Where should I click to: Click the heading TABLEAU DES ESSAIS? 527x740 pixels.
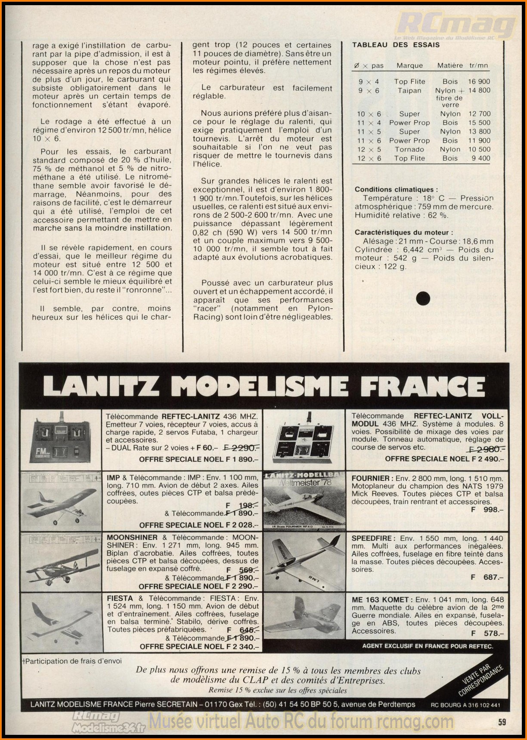click(396, 45)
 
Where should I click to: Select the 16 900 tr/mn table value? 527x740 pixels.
click(479, 81)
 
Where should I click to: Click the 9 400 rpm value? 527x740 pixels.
click(480, 158)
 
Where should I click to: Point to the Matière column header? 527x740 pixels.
click(450, 65)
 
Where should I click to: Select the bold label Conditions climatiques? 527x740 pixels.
click(396, 189)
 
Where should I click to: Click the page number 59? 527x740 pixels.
click(502, 722)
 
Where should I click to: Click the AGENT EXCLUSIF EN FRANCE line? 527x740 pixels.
click(427, 646)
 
